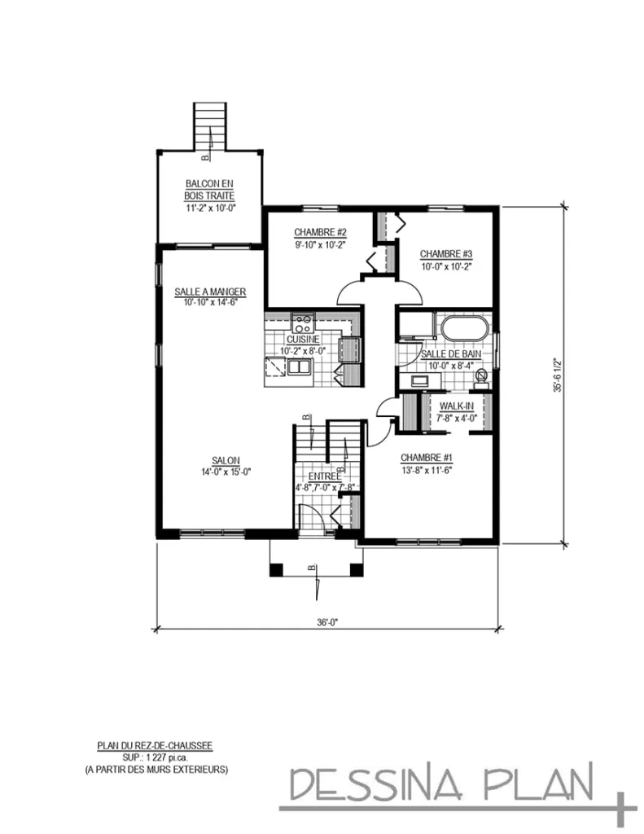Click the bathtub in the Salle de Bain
[x=465, y=329]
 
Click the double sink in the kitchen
[x=299, y=369]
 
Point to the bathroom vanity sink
[x=421, y=380]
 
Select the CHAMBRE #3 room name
[x=447, y=252]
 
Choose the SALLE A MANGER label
[x=210, y=292]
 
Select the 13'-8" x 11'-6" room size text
[x=426, y=470]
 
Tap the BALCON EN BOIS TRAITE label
[x=210, y=190]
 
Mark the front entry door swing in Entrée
[x=311, y=518]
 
